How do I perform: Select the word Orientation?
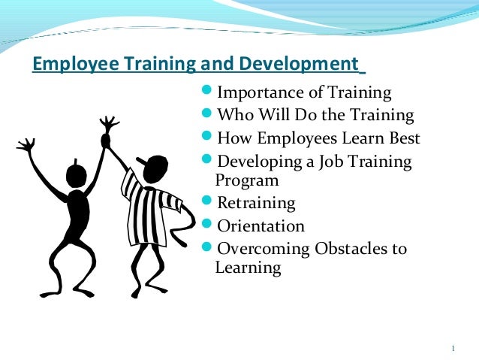point(261,226)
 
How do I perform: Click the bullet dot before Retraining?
point(209,203)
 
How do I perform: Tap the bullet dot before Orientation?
point(209,225)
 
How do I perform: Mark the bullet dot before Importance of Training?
point(209,92)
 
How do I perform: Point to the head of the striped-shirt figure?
point(152,170)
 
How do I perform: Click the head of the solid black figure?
point(77,177)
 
